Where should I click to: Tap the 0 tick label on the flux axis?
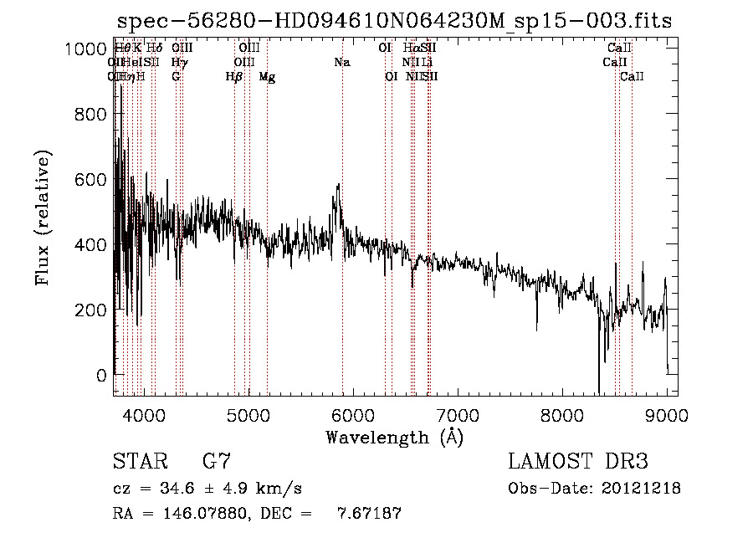point(102,375)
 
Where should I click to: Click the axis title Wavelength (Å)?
point(394,437)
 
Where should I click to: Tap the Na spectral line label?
point(341,63)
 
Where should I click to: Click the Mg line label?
point(267,77)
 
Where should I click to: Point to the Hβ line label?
point(234,77)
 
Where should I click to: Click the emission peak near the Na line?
point(338,185)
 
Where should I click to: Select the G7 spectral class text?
point(217,462)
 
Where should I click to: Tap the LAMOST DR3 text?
point(577,462)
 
